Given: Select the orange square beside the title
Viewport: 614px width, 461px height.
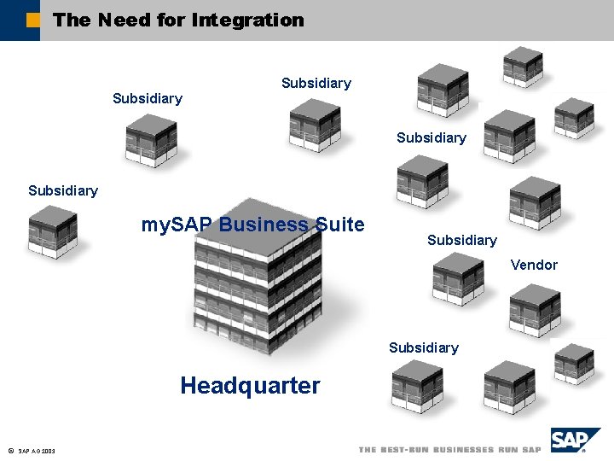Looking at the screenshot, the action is pyautogui.click(x=32, y=20).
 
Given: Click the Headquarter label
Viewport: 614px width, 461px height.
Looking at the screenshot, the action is pyautogui.click(x=250, y=386).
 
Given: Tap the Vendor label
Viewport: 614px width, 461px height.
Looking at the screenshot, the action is pyautogui.click(x=534, y=265).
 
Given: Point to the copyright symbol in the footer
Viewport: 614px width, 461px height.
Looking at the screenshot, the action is pyautogui.click(x=9, y=450).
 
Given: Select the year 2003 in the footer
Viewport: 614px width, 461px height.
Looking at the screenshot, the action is pyautogui.click(x=48, y=451).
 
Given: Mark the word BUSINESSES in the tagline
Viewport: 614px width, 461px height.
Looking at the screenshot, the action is pyautogui.click(x=466, y=450).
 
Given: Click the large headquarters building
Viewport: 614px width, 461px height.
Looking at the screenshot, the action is pyautogui.click(x=258, y=286).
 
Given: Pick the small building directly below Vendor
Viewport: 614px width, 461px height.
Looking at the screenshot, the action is pyautogui.click(x=535, y=310).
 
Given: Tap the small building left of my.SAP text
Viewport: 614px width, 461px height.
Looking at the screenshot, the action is pyautogui.click(x=53, y=231).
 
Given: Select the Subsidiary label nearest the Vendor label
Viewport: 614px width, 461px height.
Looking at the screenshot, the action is pyautogui.click(x=461, y=240).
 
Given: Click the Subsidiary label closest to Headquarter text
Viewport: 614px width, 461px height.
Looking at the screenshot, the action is pyautogui.click(x=423, y=347).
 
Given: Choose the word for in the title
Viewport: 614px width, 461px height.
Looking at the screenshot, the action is pyautogui.click(x=171, y=20).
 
